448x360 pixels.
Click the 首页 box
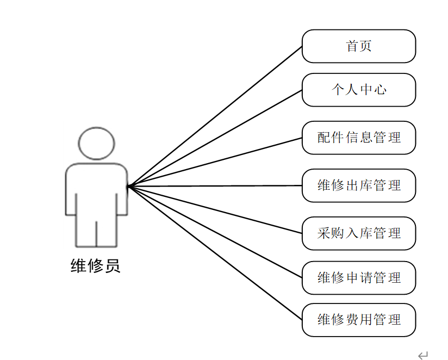(x=359, y=46)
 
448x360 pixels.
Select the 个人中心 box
(x=359, y=90)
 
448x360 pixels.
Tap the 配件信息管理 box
(x=359, y=138)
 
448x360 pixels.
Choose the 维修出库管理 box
(x=359, y=185)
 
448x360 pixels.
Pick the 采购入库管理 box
(x=359, y=233)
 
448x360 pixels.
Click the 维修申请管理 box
(x=359, y=278)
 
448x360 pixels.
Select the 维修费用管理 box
(x=359, y=320)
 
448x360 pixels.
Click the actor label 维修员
(x=95, y=266)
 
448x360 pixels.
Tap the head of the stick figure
(x=96, y=143)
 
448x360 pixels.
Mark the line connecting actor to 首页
(x=215, y=116)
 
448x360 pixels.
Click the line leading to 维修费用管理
(x=215, y=253)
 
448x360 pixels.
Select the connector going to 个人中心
(x=215, y=138)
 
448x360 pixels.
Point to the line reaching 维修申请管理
(x=215, y=232)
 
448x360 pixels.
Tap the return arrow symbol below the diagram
(x=423, y=355)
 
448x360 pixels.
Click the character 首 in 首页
(x=352, y=46)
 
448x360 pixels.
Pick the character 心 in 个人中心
(x=380, y=90)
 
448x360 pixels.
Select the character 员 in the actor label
(x=112, y=266)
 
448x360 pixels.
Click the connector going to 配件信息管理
(x=215, y=162)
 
